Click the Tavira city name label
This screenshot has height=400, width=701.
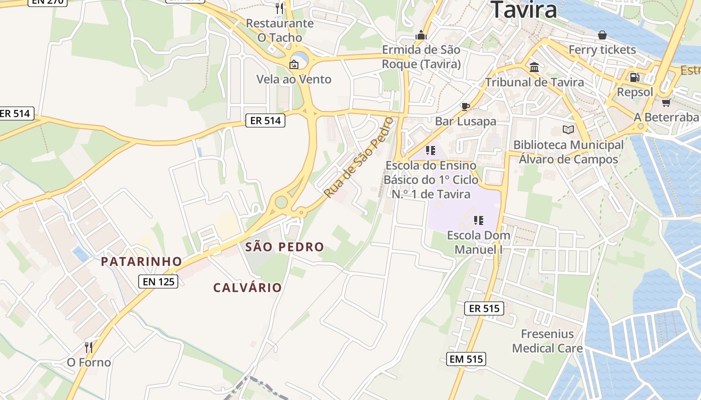523,10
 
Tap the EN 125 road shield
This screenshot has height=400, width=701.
159,281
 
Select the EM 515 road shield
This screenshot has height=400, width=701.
466,358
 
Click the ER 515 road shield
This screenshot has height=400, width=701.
484,308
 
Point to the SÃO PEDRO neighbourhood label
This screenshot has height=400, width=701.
284,247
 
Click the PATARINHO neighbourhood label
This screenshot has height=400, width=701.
141,261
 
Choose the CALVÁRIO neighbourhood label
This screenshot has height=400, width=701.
247,288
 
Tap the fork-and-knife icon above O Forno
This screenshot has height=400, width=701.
89,347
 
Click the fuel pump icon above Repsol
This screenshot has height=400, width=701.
634,77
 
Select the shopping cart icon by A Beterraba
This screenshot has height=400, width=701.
666,102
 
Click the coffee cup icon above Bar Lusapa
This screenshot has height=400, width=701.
465,106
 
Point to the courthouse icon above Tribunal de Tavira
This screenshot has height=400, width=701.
534,67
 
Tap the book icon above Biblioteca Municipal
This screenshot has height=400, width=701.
568,130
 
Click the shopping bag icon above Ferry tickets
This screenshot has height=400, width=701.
602,35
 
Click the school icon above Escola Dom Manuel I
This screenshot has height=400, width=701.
478,220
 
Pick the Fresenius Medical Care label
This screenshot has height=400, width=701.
547,341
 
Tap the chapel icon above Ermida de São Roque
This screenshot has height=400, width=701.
421,35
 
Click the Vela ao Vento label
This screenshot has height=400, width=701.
294,79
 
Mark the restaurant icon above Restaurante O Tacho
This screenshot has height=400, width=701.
279,8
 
